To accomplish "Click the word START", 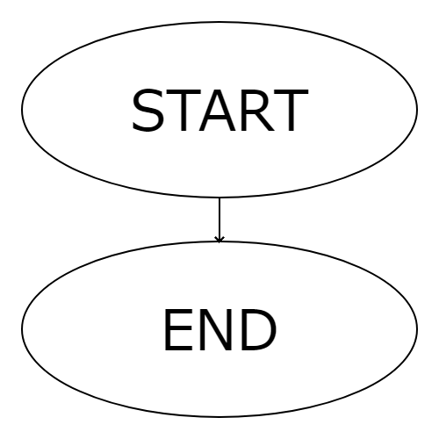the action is point(220,110).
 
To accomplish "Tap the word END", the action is point(220,330).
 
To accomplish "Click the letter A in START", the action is point(218,111).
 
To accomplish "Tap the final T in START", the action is point(291,111).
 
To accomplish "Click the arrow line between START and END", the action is point(219,219).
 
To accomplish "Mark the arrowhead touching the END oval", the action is point(219,240).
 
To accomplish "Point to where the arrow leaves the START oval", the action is point(219,198).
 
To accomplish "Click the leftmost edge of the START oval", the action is point(22,110).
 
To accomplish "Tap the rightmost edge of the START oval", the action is point(417,110).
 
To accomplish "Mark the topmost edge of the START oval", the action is point(219,22).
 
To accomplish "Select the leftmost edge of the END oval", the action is point(22,329).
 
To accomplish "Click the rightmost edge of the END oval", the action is point(417,329).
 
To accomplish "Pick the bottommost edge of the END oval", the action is point(219,417).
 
